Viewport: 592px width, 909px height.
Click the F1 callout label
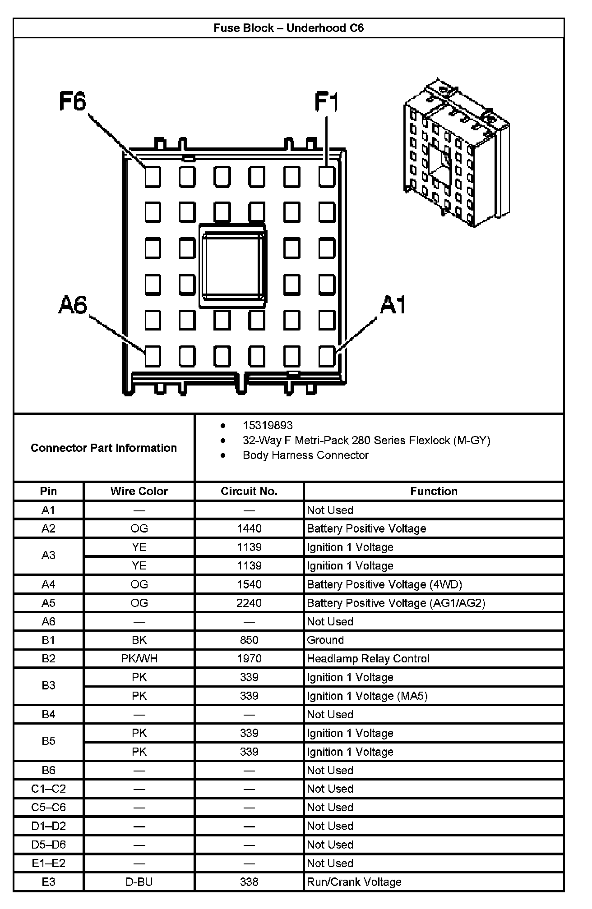pyautogui.click(x=326, y=102)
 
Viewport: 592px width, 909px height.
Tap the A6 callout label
pyautogui.click(x=73, y=305)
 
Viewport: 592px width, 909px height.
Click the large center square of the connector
pyautogui.click(x=233, y=266)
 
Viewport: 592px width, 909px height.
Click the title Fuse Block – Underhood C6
pyautogui.click(x=289, y=28)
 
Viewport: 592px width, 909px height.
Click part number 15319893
pyautogui.click(x=268, y=425)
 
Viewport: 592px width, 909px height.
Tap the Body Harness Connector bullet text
pyautogui.click(x=305, y=455)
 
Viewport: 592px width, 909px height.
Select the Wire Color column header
pyautogui.click(x=139, y=491)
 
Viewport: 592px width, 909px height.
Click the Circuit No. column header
pyautogui.click(x=249, y=491)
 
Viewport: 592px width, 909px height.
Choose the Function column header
pyautogui.click(x=434, y=491)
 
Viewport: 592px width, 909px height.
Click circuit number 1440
pyautogui.click(x=249, y=528)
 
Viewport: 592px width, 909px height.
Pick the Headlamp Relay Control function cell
pyautogui.click(x=368, y=659)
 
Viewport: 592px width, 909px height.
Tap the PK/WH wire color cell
pyautogui.click(x=139, y=659)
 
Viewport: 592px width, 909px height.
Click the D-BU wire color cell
pyautogui.click(x=139, y=882)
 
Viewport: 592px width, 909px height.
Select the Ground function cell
pyautogui.click(x=325, y=640)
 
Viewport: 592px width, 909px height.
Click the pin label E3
pyautogui.click(x=48, y=882)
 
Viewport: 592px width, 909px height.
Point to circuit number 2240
pyautogui.click(x=249, y=603)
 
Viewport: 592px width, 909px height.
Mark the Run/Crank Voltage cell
pyautogui.click(x=354, y=882)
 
